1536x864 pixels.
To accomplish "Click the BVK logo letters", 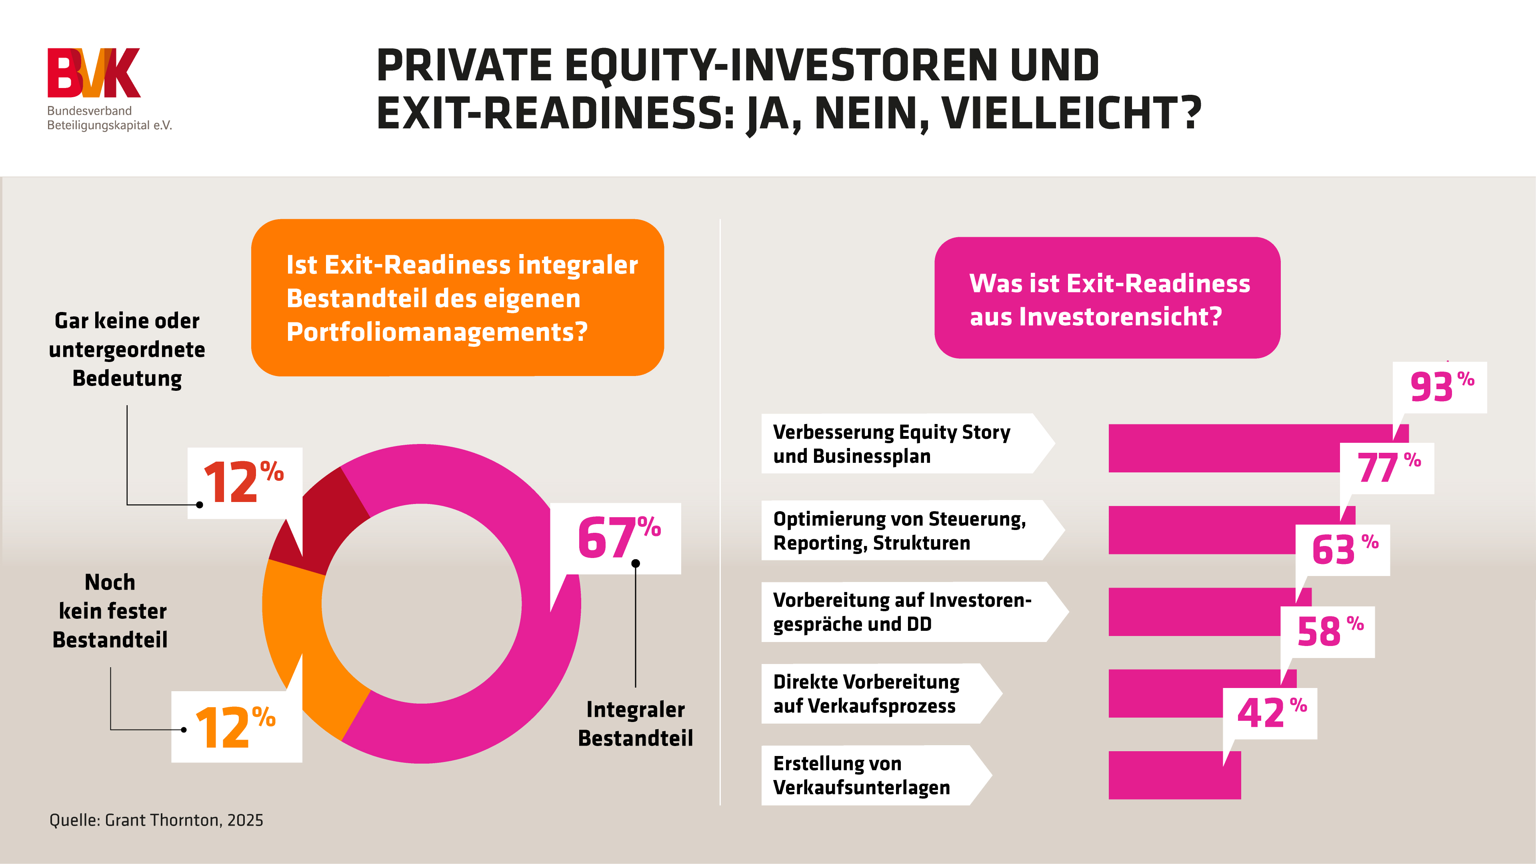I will (x=94, y=73).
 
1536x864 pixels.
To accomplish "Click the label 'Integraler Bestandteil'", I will (x=635, y=723).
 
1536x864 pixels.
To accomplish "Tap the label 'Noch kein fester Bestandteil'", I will (x=110, y=610).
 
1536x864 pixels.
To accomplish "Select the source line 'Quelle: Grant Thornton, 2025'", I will (x=156, y=820).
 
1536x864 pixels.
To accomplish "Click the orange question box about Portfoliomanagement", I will (x=457, y=298).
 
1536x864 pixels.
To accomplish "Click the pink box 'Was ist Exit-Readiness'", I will (x=1107, y=298).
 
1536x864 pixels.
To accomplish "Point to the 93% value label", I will (x=1440, y=387).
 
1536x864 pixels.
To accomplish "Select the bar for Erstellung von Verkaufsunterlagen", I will (x=1174, y=775).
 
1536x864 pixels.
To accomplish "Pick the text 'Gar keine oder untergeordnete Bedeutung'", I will (x=127, y=350).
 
